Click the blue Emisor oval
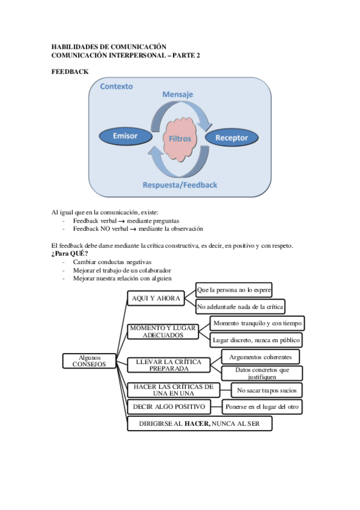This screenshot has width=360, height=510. pos(126,136)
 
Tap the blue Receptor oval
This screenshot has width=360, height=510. pos(231,138)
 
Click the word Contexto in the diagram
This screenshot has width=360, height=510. pos(117,87)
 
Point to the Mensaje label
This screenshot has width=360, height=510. pos(177,95)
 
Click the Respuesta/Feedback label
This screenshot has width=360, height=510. pos(180,185)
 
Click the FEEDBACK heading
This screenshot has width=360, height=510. pos(70,72)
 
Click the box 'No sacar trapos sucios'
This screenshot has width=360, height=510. pos(266,390)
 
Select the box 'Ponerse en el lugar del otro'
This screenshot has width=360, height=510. pos(262,407)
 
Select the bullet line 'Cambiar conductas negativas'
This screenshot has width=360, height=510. pos(112,262)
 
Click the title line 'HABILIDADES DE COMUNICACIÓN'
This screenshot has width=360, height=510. pos(108,46)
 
